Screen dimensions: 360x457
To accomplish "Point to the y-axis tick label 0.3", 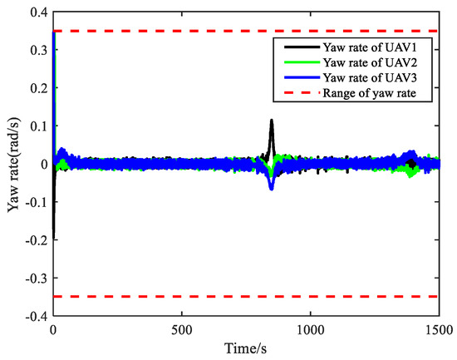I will click(37, 51).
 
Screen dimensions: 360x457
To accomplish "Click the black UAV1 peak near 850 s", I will click(271, 121).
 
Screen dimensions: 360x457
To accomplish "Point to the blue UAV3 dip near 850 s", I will click(271, 187).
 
